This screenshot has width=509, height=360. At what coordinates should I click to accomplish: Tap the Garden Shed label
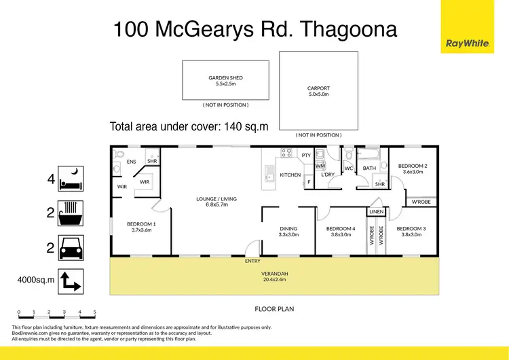pos(225,78)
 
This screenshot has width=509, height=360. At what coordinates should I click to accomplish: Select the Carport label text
pos(318,88)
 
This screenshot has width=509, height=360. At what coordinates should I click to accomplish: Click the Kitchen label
pos(290,175)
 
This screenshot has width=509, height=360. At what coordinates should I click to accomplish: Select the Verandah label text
pos(274,274)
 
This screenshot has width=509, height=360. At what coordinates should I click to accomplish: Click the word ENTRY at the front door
pos(253,260)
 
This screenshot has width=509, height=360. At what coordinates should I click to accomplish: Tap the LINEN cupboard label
pos(377,212)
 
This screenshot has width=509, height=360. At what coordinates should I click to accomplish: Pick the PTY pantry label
pos(306,156)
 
